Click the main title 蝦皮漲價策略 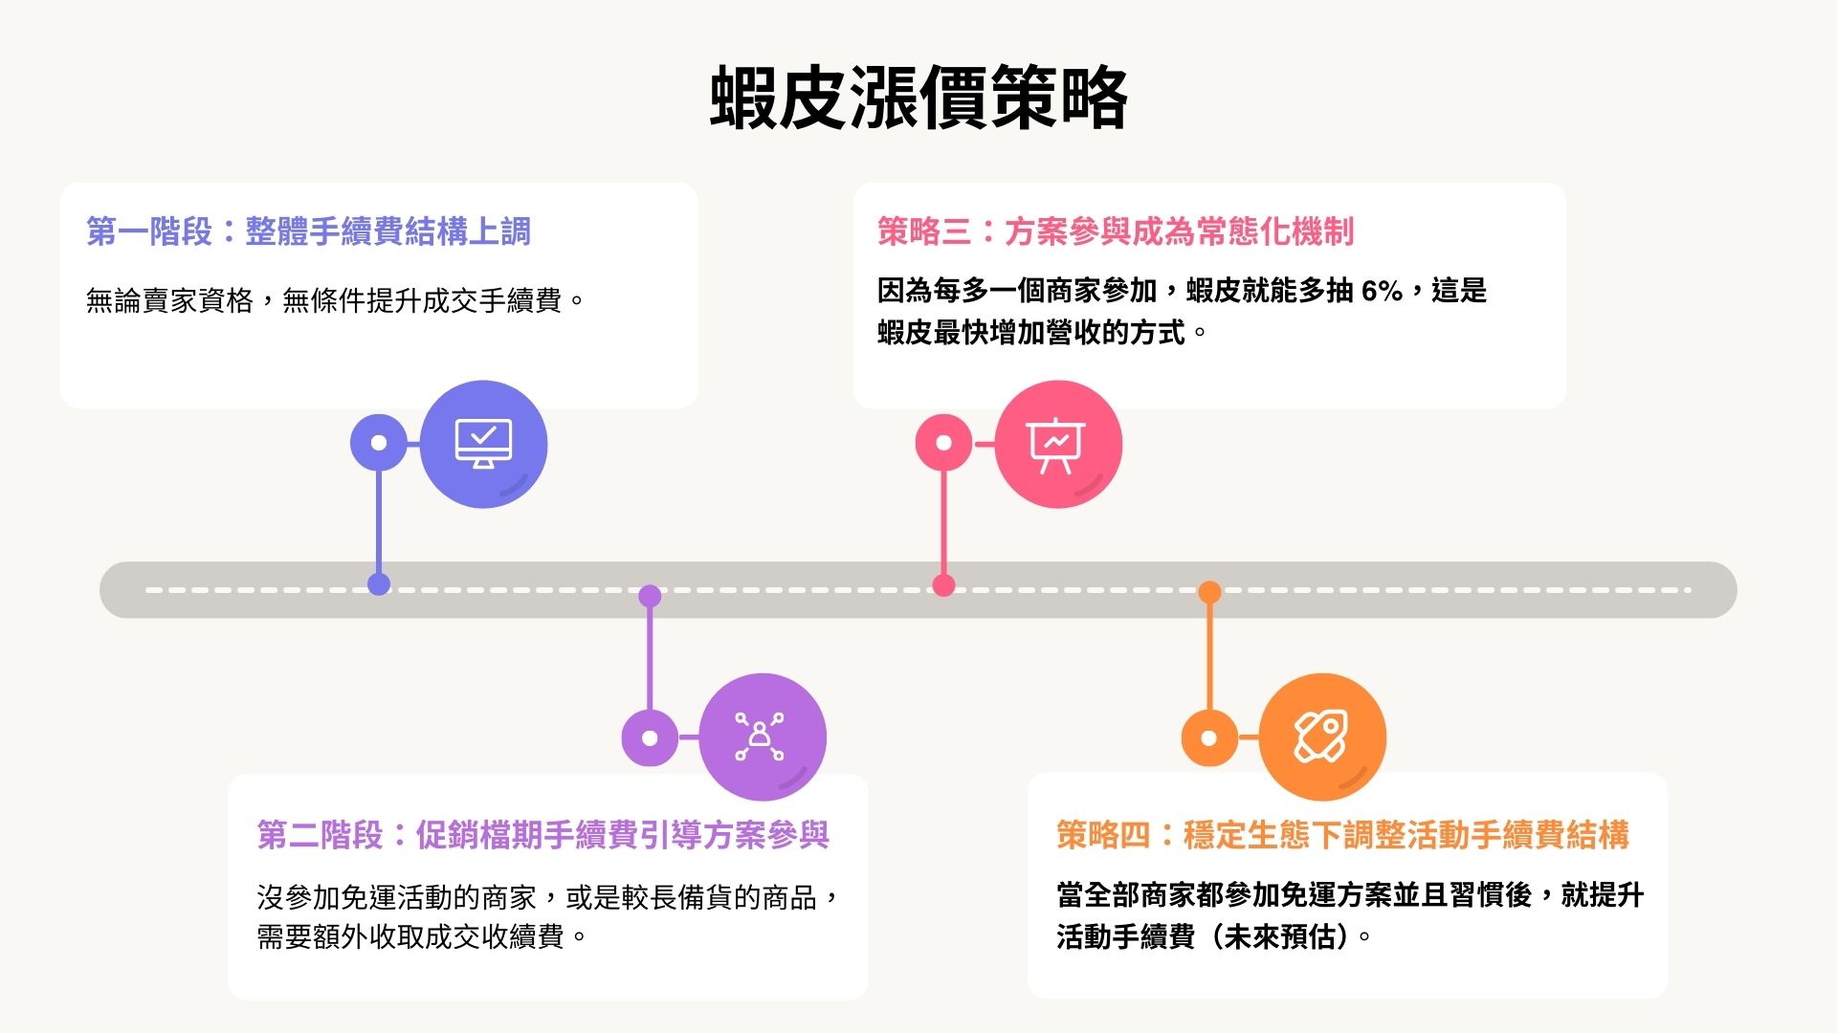(x=918, y=98)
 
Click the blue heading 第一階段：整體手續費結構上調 (x=308, y=231)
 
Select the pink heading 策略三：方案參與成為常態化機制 (x=1116, y=231)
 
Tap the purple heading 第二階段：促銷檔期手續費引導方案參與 (x=542, y=835)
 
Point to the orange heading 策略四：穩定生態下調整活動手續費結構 (x=1342, y=835)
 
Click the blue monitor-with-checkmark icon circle (x=483, y=444)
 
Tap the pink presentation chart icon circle (x=1057, y=444)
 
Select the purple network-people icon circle (x=762, y=736)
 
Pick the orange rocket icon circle (x=1321, y=736)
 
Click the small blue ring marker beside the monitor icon (x=379, y=443)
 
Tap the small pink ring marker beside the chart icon (x=943, y=443)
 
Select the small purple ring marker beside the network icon (x=650, y=738)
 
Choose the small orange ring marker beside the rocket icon (x=1209, y=738)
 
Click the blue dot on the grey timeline (x=379, y=584)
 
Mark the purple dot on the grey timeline (x=650, y=596)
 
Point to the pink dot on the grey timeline (x=943, y=585)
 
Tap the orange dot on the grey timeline (x=1209, y=592)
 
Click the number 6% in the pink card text (x=1381, y=291)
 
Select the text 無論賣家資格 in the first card (x=169, y=301)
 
